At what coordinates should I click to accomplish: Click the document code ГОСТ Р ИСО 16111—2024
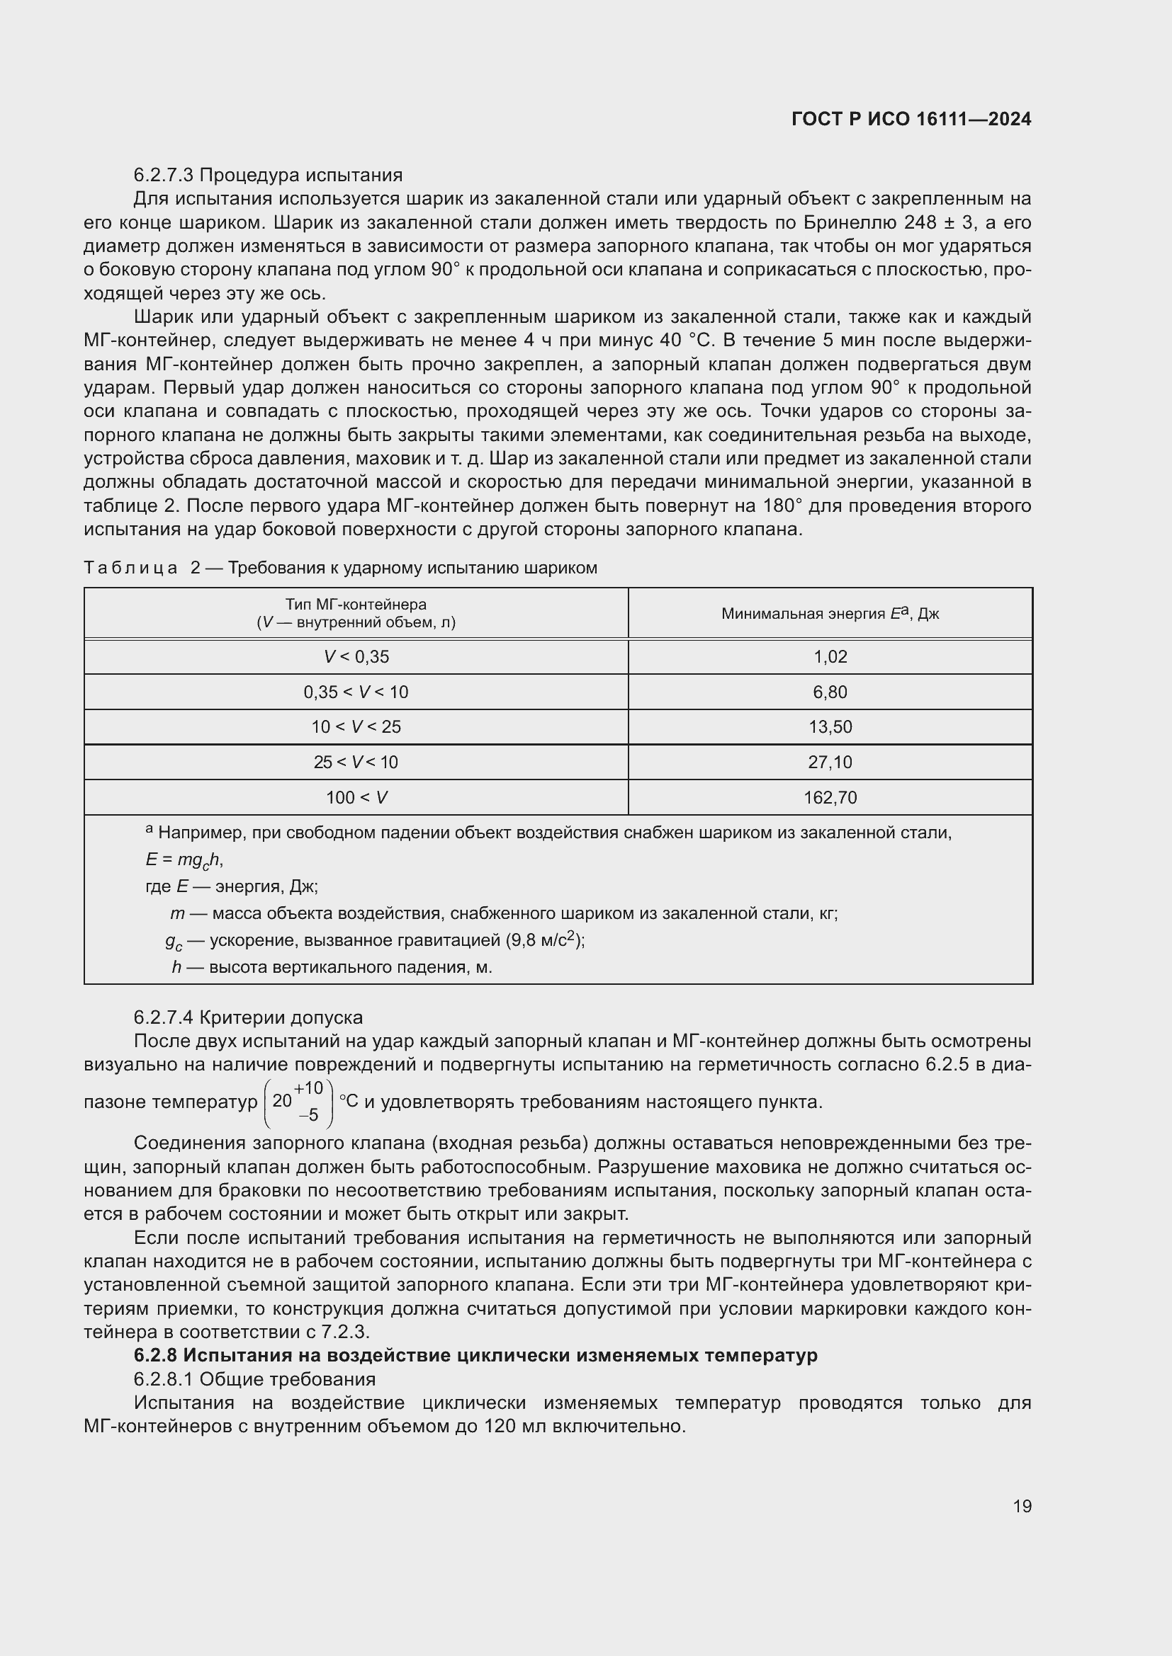pyautogui.click(x=911, y=120)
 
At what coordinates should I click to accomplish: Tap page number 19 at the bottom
pyautogui.click(x=1022, y=1506)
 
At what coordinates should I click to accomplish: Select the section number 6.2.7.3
pyautogui.click(x=164, y=176)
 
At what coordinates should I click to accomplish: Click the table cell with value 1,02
pyautogui.click(x=830, y=657)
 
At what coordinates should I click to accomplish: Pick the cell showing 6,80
pyautogui.click(x=830, y=692)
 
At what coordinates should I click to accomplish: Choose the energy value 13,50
pyautogui.click(x=830, y=727)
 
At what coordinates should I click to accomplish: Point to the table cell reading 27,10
pyautogui.click(x=830, y=763)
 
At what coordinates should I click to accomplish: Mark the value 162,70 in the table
pyautogui.click(x=830, y=798)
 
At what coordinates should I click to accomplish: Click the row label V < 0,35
pyautogui.click(x=356, y=657)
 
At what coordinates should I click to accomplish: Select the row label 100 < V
pyautogui.click(x=356, y=798)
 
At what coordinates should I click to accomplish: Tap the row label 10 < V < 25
pyautogui.click(x=356, y=727)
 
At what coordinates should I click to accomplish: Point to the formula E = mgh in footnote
pyautogui.click(x=184, y=860)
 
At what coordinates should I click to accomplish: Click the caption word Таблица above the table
pyautogui.click(x=130, y=569)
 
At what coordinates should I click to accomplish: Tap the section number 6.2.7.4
pyautogui.click(x=164, y=1017)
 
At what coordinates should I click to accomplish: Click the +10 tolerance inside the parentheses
pyautogui.click(x=308, y=1087)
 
